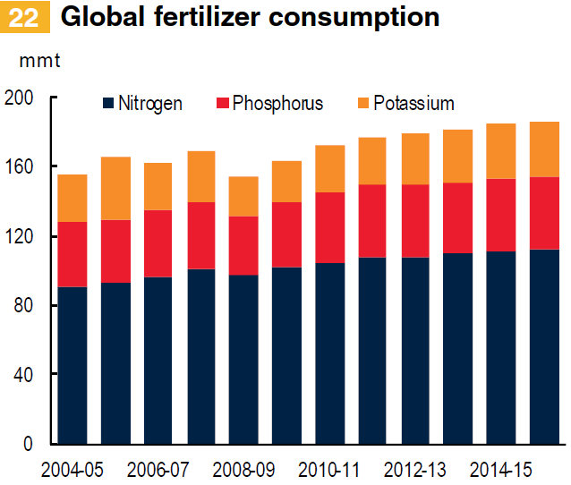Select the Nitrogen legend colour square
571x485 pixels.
pyautogui.click(x=108, y=103)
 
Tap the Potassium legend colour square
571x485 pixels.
pyautogui.click(x=362, y=103)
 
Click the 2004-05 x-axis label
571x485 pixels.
pyautogui.click(x=72, y=468)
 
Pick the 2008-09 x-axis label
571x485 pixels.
pyautogui.click(x=243, y=468)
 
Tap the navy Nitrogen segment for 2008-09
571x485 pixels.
pyautogui.click(x=243, y=358)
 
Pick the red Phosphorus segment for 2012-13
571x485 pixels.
pyautogui.click(x=415, y=220)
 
